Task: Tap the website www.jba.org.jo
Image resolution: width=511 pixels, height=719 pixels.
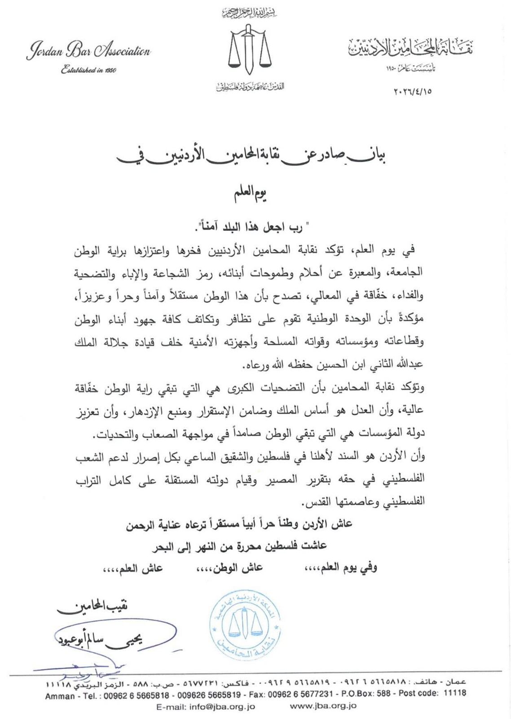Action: pos(324,706)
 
